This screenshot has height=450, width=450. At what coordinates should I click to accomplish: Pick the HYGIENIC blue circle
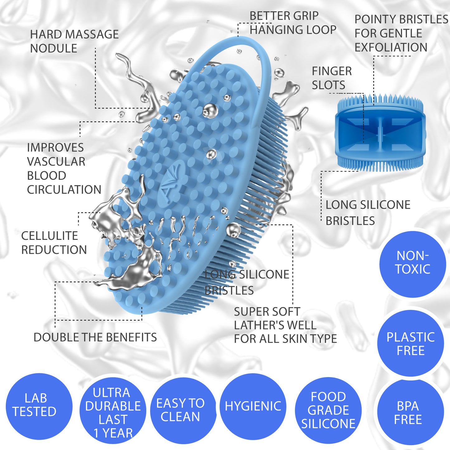253,406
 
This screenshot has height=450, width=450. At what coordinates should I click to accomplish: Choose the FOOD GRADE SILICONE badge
328,410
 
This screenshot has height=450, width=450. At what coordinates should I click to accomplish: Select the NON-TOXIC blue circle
412,263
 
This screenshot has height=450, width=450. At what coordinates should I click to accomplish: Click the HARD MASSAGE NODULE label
74,41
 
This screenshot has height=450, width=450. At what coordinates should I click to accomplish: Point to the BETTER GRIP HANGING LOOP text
293,23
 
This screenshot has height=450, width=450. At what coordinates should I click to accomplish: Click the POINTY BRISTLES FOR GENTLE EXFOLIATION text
401,33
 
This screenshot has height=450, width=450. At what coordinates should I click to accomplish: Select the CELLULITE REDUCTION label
54,243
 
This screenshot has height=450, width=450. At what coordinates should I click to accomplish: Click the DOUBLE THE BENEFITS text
95,337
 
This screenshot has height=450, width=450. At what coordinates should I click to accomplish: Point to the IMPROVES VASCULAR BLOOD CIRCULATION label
64,168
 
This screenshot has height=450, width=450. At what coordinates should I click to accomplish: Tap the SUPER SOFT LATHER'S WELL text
275,318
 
